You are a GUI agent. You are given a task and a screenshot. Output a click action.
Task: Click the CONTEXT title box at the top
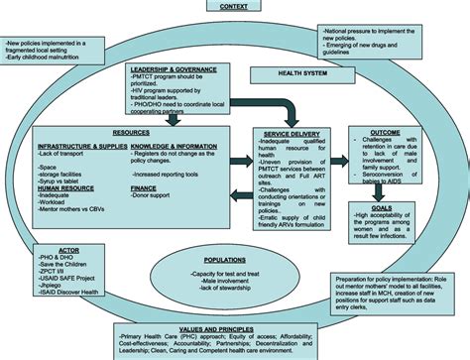[233, 7]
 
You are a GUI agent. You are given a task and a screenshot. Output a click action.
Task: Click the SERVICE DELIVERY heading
[290, 133]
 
